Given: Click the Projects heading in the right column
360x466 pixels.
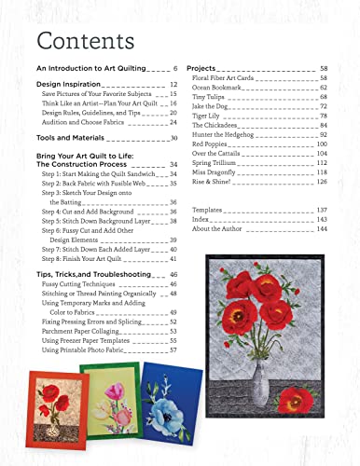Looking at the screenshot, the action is click(x=203, y=70).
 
